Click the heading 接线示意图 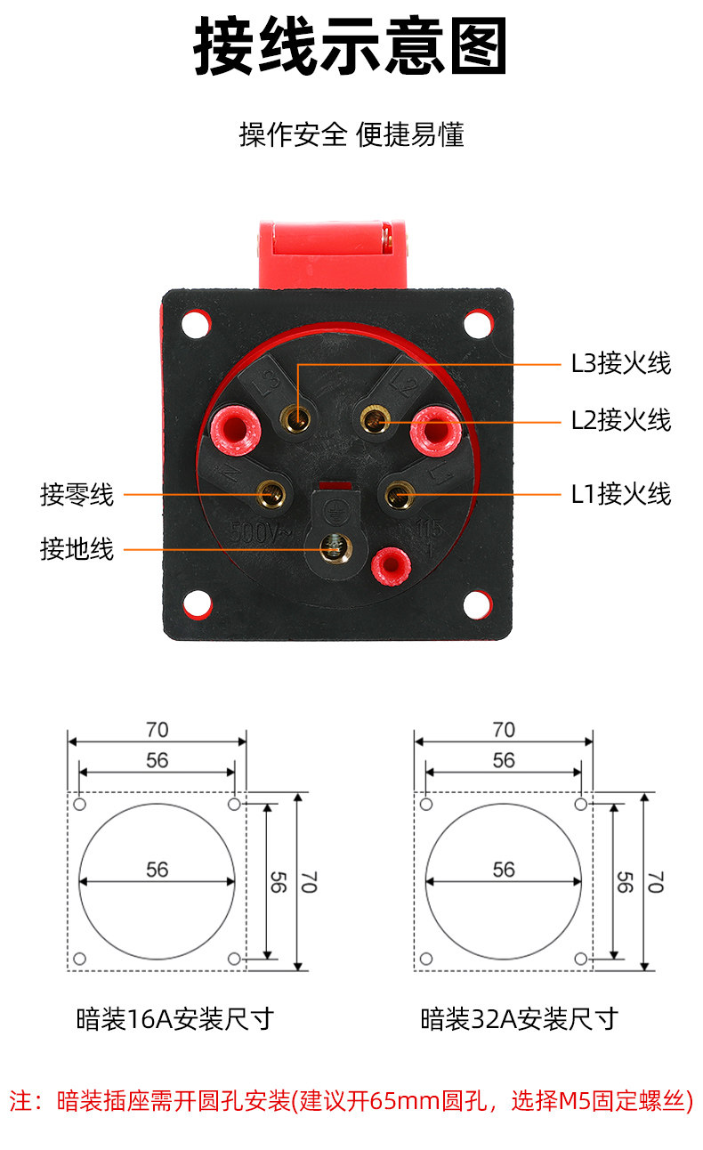point(351,46)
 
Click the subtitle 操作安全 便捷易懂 point(351,135)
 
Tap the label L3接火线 point(621,363)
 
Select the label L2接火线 point(621,420)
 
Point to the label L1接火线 point(621,494)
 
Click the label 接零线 point(77,495)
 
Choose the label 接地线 point(77,549)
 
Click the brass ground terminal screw point(335,548)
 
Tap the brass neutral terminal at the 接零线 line point(271,494)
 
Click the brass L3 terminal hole point(296,418)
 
